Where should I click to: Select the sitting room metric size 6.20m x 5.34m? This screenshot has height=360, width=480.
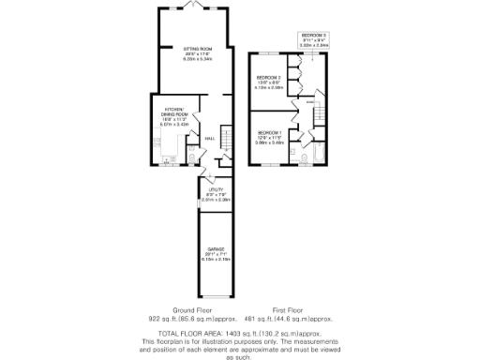tap(197, 59)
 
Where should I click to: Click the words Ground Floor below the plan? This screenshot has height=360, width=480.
tap(192, 309)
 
